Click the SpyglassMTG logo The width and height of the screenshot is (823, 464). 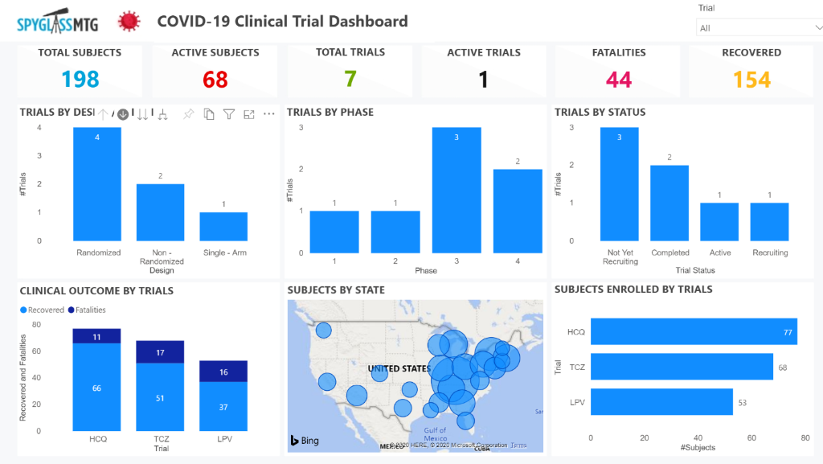(57, 22)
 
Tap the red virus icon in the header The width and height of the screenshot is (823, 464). (127, 22)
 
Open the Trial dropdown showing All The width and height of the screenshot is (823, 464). (758, 28)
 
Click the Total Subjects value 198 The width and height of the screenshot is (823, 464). (80, 79)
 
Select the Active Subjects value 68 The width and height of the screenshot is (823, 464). (215, 80)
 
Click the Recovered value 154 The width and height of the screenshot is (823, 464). (751, 80)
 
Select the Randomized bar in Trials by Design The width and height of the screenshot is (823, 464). (98, 184)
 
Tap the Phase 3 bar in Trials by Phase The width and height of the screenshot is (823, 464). (457, 190)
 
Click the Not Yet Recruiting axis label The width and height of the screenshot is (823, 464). (620, 257)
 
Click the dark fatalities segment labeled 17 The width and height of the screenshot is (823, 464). (160, 352)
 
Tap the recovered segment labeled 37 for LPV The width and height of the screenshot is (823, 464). (223, 407)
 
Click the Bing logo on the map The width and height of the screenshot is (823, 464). (305, 440)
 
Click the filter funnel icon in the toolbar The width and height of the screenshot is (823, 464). (229, 114)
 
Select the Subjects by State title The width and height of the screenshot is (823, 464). (336, 289)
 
